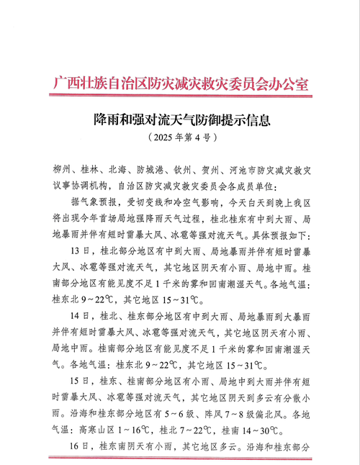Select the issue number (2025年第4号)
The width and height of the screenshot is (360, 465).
coord(179,137)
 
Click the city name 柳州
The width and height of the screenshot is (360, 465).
coord(63,171)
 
